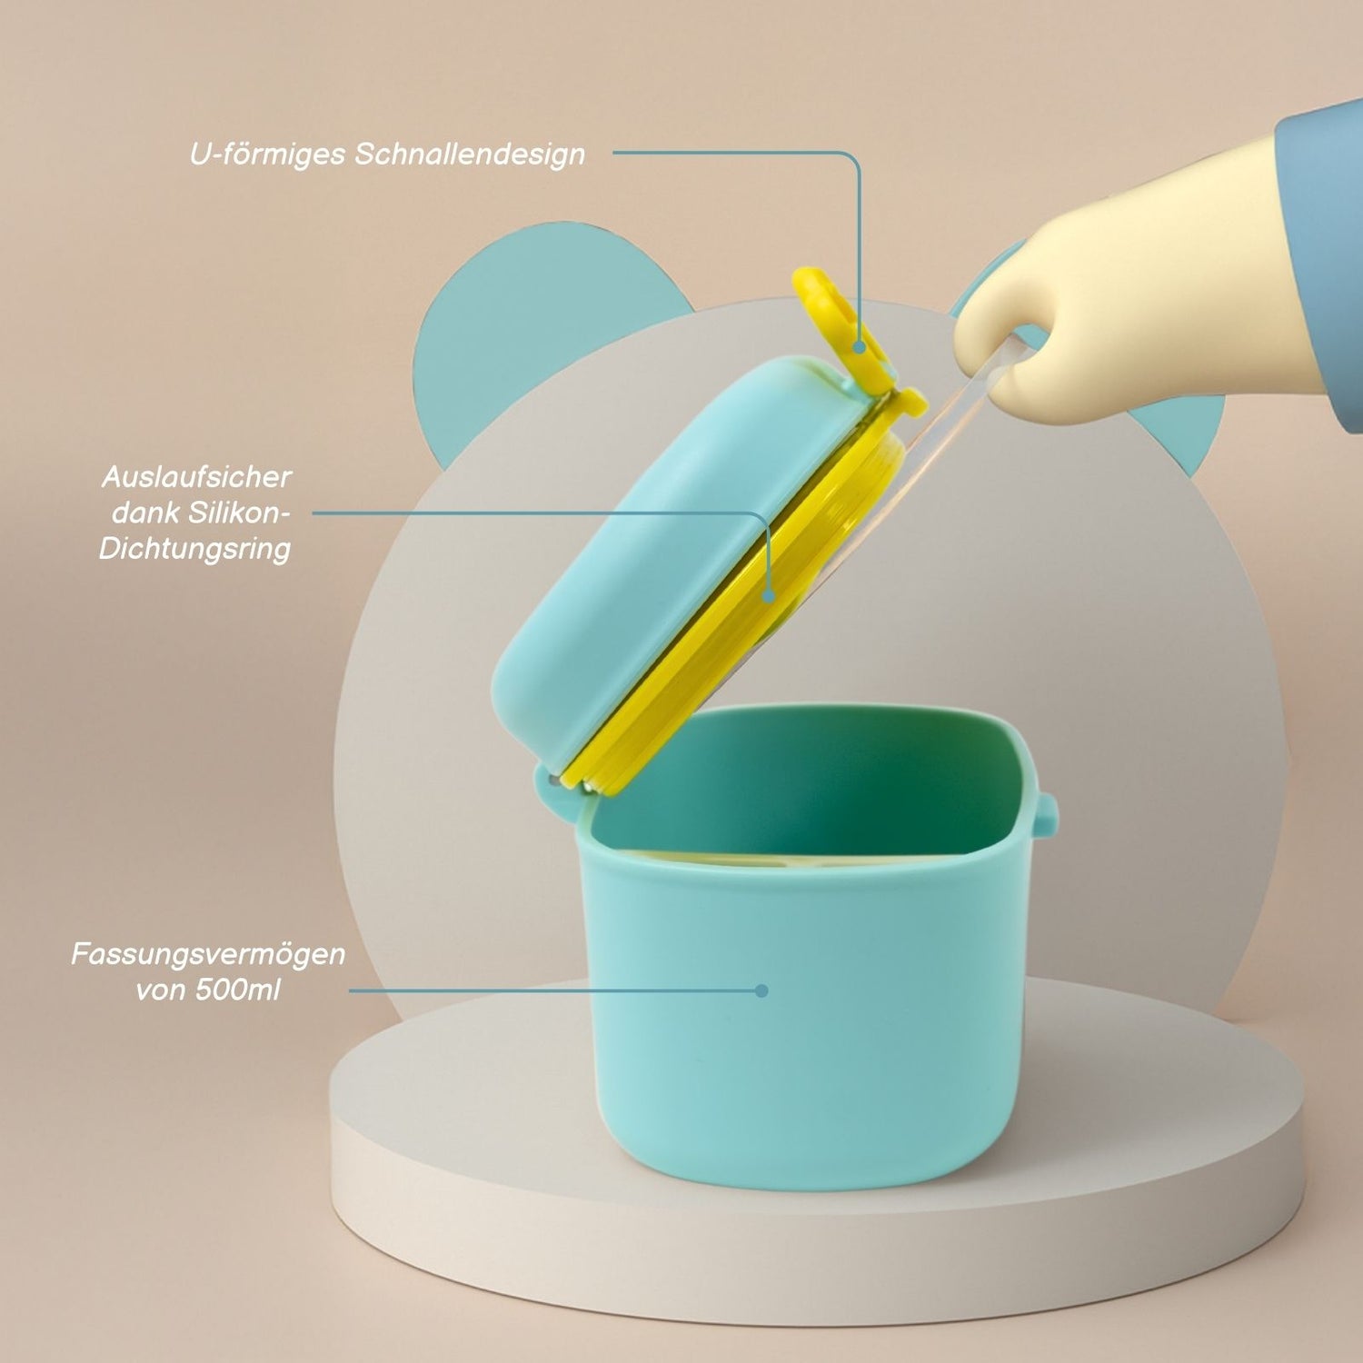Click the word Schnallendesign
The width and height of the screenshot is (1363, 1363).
(470, 154)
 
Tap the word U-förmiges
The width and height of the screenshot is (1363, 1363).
(268, 154)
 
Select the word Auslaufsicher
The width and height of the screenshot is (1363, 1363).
(196, 476)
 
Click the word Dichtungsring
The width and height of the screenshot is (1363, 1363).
(194, 549)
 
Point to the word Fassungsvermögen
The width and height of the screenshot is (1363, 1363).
(208, 954)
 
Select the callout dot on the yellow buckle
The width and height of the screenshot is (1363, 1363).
(859, 346)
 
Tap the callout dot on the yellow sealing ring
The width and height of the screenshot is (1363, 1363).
(769, 597)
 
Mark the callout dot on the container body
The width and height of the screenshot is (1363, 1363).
(761, 990)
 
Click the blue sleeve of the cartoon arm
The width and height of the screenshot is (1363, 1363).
(1322, 254)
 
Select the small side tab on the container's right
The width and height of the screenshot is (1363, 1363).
(1047, 813)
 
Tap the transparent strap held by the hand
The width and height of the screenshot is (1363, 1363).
(954, 427)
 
